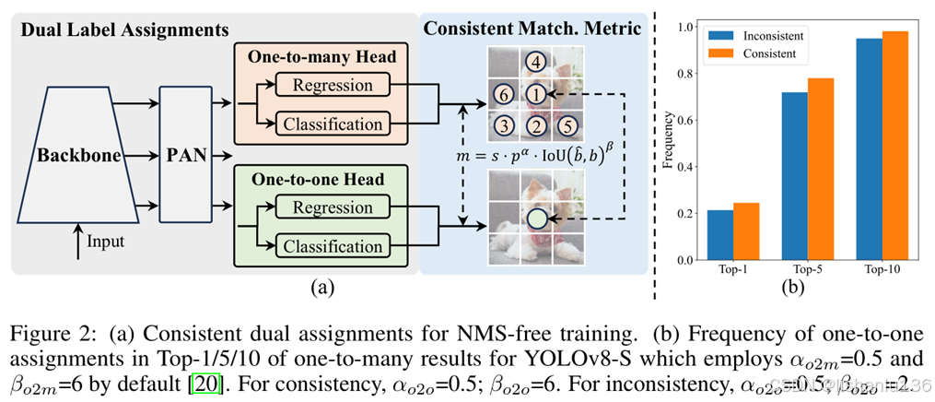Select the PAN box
click(186, 155)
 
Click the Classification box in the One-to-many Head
click(333, 124)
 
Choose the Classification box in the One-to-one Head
click(333, 246)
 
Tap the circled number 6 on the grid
click(501, 94)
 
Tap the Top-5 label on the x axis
click(807, 271)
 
